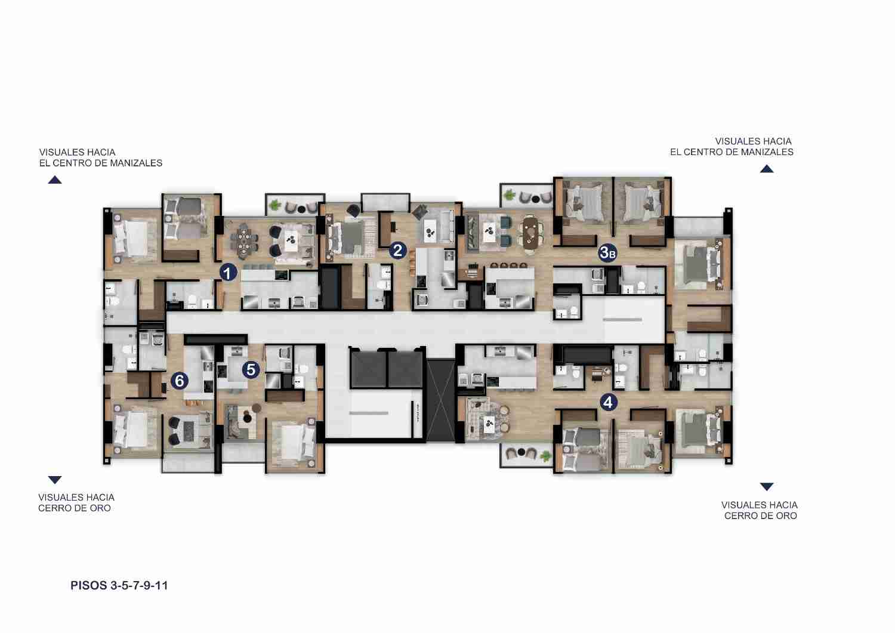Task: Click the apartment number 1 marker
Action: click(228, 273)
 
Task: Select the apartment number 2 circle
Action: click(397, 251)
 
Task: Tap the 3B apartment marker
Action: click(607, 252)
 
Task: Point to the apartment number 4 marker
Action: click(608, 403)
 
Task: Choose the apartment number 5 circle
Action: click(251, 370)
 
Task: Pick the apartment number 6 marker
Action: click(180, 381)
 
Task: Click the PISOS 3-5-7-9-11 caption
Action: click(119, 585)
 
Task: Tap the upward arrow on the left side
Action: click(55, 180)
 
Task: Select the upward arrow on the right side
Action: click(767, 169)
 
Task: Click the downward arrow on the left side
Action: click(55, 480)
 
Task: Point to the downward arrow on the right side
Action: click(767, 486)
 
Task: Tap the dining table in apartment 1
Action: click(243, 242)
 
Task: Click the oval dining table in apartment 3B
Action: click(530, 234)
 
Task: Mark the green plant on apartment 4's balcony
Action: click(545, 456)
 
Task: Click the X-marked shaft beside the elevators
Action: click(441, 400)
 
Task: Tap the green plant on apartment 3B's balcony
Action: click(510, 196)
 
